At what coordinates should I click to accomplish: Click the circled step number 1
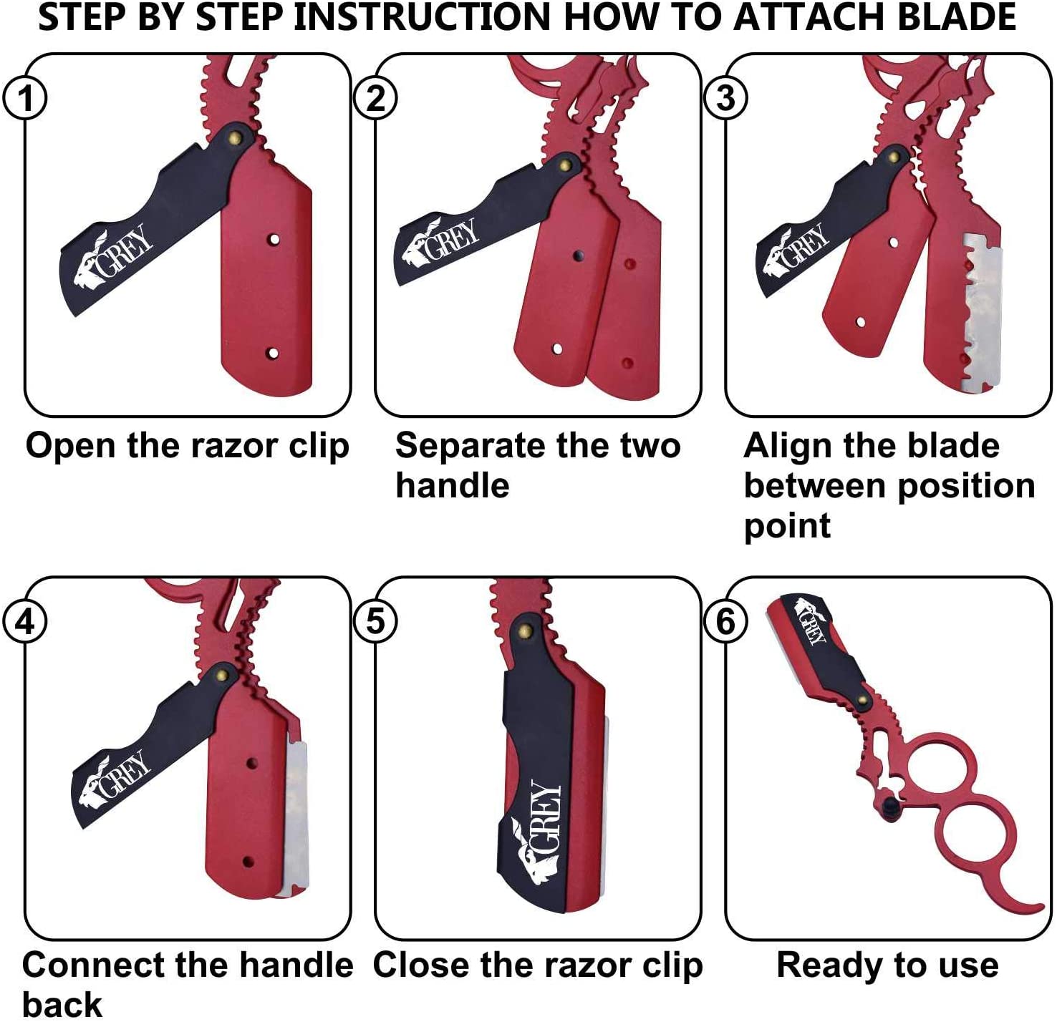point(26,98)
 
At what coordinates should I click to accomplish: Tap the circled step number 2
point(376,98)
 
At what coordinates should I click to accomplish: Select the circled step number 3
point(726,98)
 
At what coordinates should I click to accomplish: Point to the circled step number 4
point(26,621)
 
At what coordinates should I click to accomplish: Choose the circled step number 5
point(376,621)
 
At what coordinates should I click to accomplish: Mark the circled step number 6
point(726,621)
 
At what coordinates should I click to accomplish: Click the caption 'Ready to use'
point(887,965)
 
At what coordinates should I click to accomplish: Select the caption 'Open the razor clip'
point(188,447)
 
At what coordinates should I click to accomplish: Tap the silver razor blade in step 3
point(983,315)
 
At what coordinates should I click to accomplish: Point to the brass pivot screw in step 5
point(526,631)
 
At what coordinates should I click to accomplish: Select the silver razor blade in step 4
point(296,816)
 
